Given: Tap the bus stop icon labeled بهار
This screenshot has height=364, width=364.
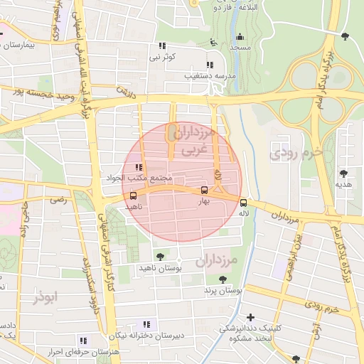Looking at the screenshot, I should pyautogui.click(x=205, y=191).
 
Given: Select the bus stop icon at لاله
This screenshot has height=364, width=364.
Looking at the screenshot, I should pyautogui.click(x=244, y=201).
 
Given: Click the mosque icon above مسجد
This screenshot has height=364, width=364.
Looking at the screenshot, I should pyautogui.click(x=240, y=37).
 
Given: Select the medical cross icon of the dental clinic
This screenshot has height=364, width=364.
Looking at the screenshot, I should pyautogui.click(x=250, y=317).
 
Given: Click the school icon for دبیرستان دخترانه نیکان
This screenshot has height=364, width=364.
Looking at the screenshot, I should pyautogui.click(x=146, y=324).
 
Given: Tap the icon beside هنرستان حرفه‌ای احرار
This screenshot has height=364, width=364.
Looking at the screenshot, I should pyautogui.click(x=83, y=340).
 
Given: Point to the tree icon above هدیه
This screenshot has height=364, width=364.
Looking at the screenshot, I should pyautogui.click(x=343, y=173).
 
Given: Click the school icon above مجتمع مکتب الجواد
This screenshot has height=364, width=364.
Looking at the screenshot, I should pyautogui.click(x=148, y=166).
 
